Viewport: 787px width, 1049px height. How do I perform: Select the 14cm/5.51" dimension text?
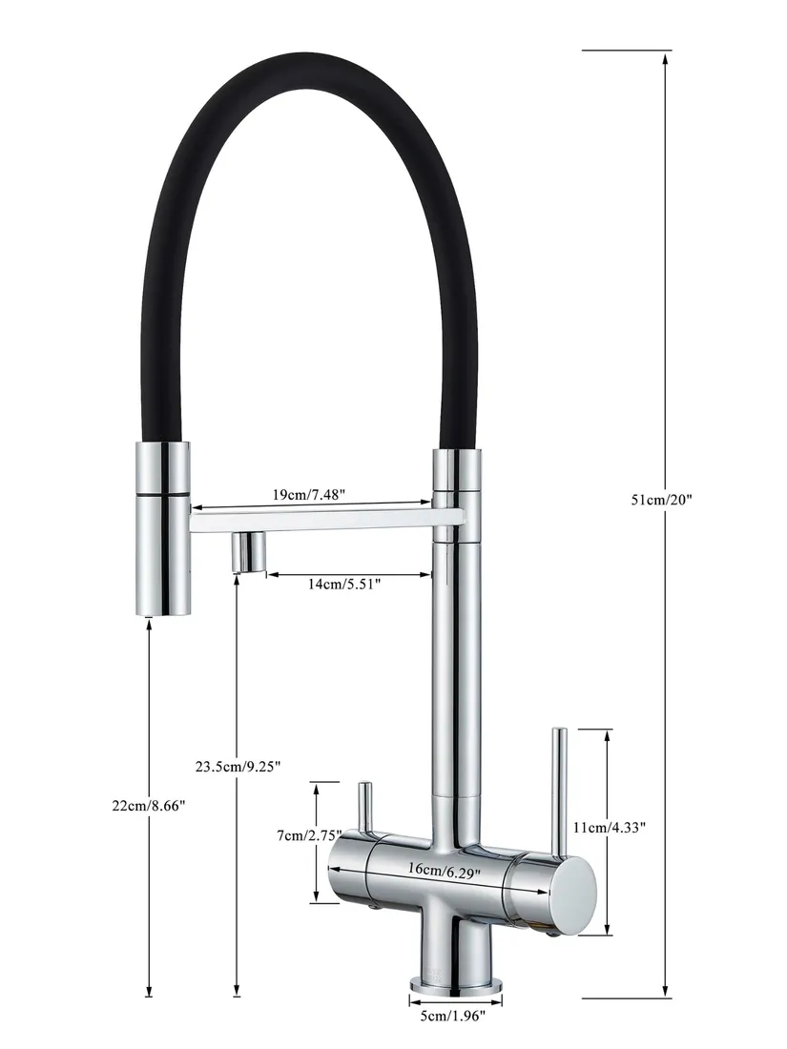[344, 585]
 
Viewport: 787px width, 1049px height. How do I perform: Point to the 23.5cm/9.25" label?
[238, 766]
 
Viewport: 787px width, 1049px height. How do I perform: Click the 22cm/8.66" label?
[148, 806]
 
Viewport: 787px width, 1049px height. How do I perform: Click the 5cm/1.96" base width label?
[456, 1018]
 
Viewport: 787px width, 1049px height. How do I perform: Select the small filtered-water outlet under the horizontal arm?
[248, 552]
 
